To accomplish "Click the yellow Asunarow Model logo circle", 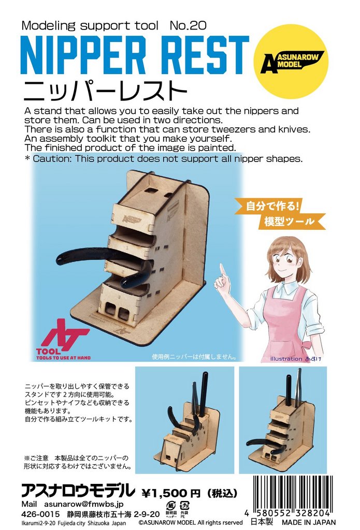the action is point(291,62).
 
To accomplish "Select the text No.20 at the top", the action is point(188,25).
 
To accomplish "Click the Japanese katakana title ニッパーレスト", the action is point(105,91).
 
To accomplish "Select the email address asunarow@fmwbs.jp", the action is point(84,504).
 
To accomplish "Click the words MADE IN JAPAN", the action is point(309,522).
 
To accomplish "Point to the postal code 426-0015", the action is point(40,514).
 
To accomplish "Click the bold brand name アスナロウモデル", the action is point(78,491).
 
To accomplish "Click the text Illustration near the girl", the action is point(286,359).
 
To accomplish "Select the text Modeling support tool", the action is point(90,25).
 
